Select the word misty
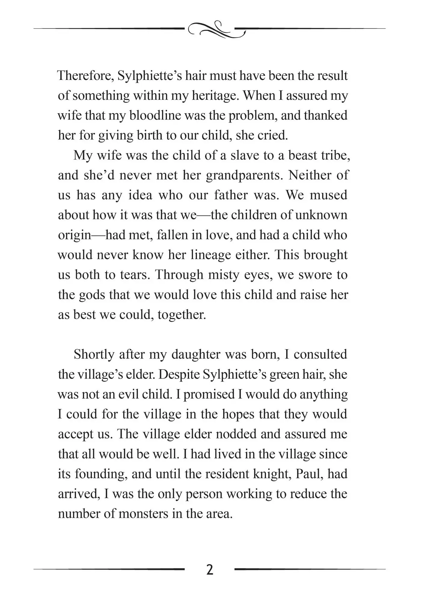232,275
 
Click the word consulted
320,355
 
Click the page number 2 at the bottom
210,570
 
